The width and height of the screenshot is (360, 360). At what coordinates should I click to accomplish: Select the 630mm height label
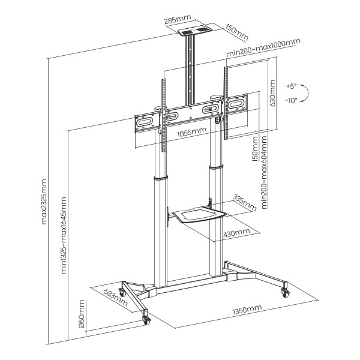tap(273, 94)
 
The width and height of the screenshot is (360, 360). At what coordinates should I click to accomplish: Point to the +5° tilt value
tap(292, 85)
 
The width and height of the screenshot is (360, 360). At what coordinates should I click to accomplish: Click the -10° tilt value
tap(292, 100)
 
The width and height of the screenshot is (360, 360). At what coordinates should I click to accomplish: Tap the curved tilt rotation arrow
tap(305, 92)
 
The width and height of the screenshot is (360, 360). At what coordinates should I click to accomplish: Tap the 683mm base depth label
tap(115, 296)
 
